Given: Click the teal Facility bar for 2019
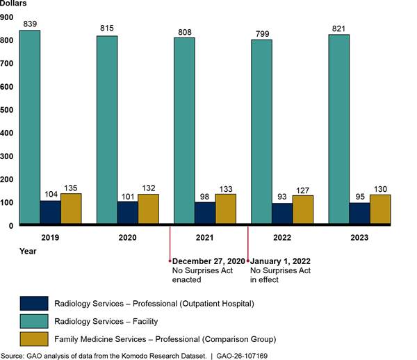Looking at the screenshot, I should (x=29, y=128).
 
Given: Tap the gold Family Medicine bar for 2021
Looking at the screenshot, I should (x=225, y=209).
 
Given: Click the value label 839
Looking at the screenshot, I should (x=29, y=24).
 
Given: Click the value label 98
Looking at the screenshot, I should (x=204, y=196).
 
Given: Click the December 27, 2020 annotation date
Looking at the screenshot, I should (x=208, y=261).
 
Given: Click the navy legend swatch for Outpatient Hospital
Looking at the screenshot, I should (x=34, y=303).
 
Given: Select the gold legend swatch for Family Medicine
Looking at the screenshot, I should (x=34, y=338).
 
